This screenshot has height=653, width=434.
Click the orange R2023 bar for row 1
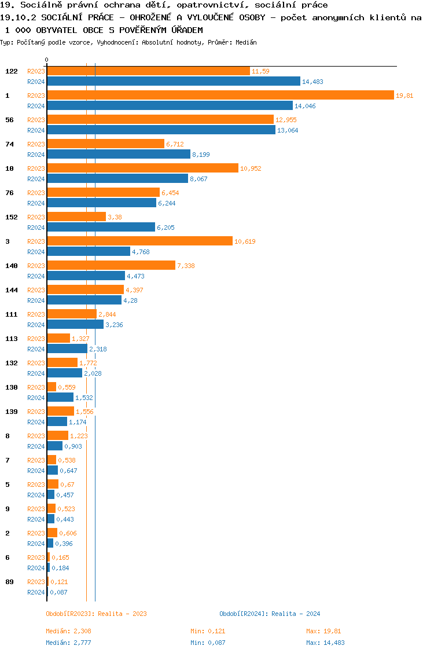[x=220, y=96]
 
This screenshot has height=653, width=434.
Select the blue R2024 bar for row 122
[x=174, y=82]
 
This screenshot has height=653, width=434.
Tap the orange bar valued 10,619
[x=139, y=241]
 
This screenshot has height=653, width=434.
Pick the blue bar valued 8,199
[x=119, y=155]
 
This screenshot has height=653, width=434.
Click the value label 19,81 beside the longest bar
[x=404, y=96]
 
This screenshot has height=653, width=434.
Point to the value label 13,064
[x=287, y=130]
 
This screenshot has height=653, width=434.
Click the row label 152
[x=12, y=217]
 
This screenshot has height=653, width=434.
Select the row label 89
[x=9, y=582]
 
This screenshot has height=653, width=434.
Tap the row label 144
[x=12, y=290]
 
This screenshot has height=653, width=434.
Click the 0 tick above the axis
[x=47, y=60]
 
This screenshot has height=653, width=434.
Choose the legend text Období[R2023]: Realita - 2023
[x=96, y=614]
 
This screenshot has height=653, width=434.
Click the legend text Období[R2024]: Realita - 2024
[x=270, y=614]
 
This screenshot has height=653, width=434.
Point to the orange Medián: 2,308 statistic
[x=69, y=631]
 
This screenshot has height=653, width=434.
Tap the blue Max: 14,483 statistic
[x=325, y=643]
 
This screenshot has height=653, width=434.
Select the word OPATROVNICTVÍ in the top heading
[x=182, y=5]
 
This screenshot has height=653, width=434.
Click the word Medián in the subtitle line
[x=247, y=43]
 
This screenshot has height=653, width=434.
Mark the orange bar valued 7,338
[x=111, y=266]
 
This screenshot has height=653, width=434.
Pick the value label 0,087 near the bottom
[x=58, y=592]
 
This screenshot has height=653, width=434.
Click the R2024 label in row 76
[x=36, y=203]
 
